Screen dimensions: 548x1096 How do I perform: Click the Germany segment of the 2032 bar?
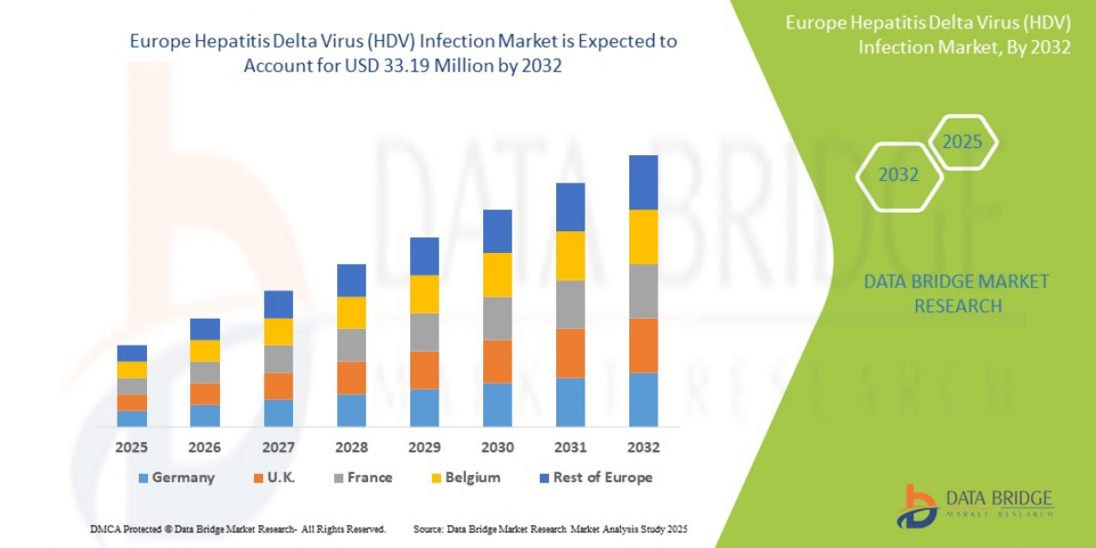[643, 399]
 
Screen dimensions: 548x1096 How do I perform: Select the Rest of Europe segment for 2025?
[132, 353]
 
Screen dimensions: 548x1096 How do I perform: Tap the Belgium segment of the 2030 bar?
[497, 275]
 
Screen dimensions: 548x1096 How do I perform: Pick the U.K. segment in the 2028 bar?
[351, 377]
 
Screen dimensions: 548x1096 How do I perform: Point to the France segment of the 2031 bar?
[570, 304]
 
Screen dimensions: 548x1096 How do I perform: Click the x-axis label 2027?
[279, 448]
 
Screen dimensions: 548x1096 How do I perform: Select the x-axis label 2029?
[425, 448]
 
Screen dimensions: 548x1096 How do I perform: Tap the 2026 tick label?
[205, 448]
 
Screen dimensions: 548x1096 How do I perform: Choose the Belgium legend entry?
[465, 478]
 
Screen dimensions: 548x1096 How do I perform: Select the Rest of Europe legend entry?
[594, 478]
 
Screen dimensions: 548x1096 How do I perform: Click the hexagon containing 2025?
[962, 142]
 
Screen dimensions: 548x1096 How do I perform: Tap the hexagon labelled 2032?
[898, 174]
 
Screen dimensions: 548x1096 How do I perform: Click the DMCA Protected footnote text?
[237, 529]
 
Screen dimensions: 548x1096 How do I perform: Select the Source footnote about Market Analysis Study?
[550, 529]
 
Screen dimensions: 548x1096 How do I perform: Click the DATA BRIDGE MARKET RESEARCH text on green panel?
[956, 293]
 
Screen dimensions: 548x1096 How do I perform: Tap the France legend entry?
[361, 478]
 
